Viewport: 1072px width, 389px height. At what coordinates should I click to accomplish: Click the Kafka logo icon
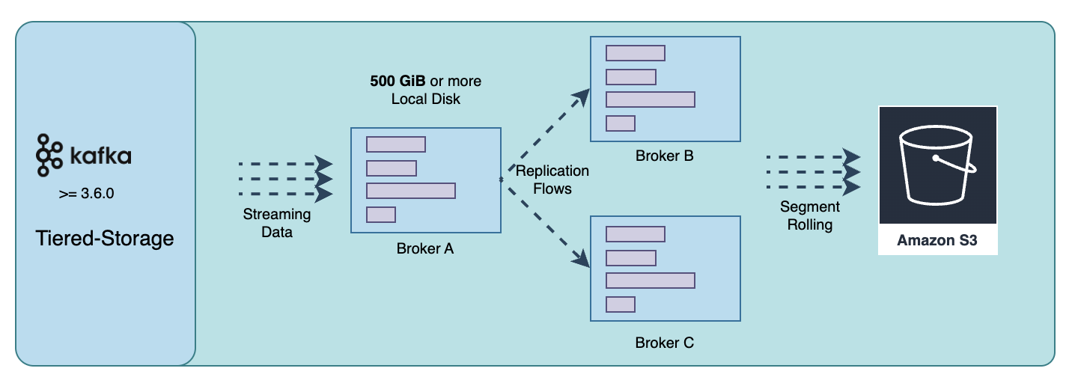point(49,156)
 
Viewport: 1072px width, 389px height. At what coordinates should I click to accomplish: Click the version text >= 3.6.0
point(87,194)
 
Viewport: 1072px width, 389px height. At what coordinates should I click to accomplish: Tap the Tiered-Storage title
point(105,239)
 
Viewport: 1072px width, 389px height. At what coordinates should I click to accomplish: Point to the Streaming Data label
point(276,223)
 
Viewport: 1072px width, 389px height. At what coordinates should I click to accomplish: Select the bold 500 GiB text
point(398,81)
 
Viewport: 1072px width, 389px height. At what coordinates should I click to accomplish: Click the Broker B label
point(665,156)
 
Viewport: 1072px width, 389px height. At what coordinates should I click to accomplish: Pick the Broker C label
point(665,343)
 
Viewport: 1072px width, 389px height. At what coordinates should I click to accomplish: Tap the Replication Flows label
point(552,180)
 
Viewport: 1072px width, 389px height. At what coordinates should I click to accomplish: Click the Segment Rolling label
point(810,215)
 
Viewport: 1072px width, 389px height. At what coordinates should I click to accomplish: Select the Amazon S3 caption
point(937,240)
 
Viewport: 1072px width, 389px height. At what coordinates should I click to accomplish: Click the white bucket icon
point(937,165)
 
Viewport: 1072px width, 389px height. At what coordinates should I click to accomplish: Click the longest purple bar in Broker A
point(411,191)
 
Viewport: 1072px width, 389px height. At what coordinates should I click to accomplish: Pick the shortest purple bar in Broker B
point(621,123)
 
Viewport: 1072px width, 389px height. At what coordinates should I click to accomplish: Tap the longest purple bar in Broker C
point(651,281)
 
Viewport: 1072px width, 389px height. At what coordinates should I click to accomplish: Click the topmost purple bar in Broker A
point(396,144)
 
